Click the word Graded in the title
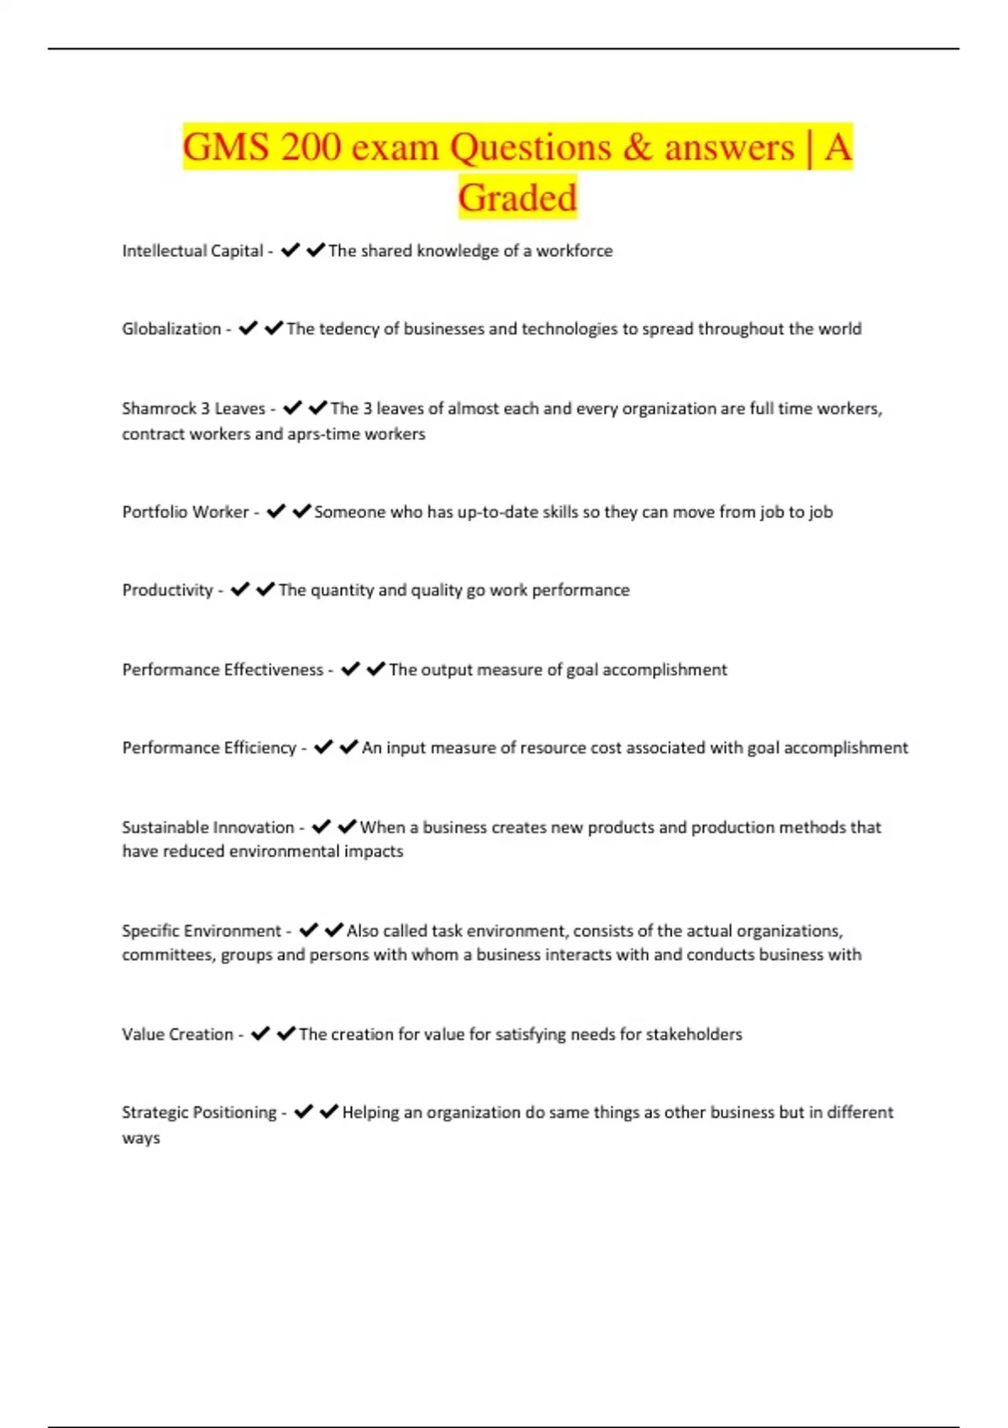coord(517,198)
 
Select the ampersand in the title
coord(638,148)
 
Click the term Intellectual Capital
coord(192,251)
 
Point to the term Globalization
coord(171,329)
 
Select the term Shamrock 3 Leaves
coord(193,409)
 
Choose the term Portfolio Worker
coord(185,512)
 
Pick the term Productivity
coord(167,591)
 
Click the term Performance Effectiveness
coord(223,670)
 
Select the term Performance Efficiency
coord(209,748)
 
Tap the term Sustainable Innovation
coord(207,827)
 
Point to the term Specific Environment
coord(202,931)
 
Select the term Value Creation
coord(177,1035)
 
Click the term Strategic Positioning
coord(199,1113)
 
